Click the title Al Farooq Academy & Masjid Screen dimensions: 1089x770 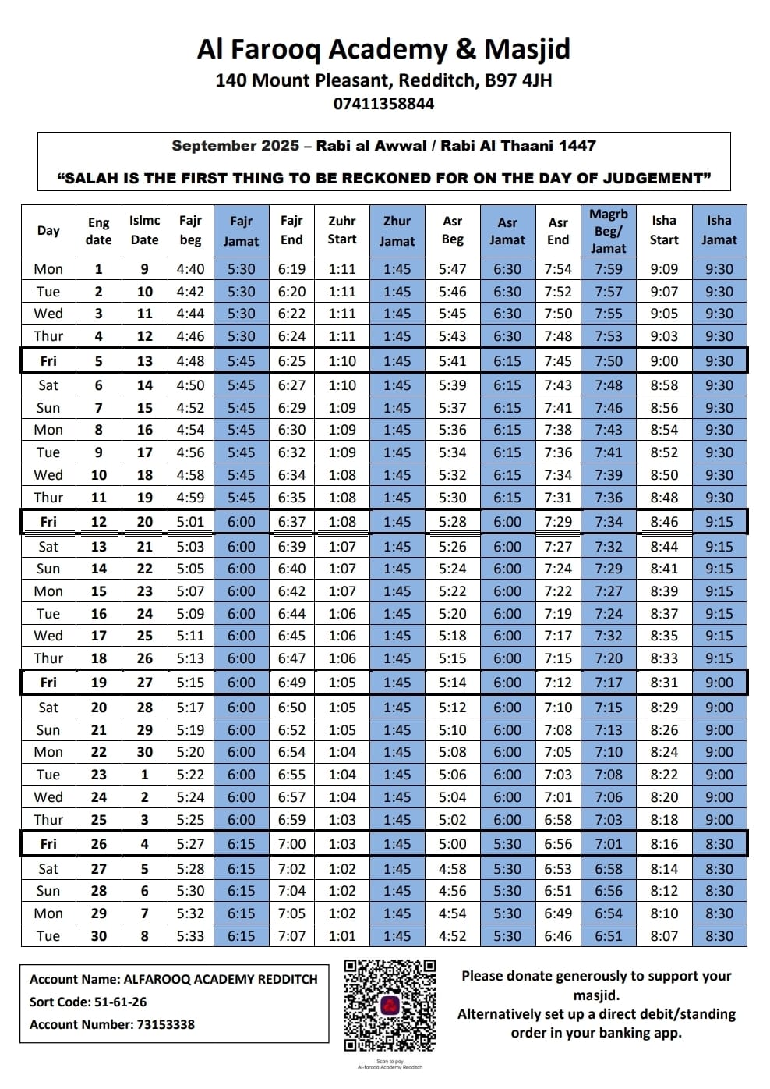(383, 49)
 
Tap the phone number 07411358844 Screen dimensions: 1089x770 (383, 104)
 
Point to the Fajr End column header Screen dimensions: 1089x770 (291, 230)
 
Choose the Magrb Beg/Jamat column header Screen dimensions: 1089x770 (609, 230)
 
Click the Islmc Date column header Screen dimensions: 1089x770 (144, 230)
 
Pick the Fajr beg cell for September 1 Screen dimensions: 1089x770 (190, 269)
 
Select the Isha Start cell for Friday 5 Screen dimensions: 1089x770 (664, 361)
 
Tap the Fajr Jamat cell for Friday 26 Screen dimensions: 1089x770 (241, 844)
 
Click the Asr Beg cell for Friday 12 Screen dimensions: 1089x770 (452, 522)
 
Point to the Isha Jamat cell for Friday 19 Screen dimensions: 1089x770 (719, 683)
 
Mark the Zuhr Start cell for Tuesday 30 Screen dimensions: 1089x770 (342, 936)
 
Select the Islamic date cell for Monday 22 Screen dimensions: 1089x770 (144, 752)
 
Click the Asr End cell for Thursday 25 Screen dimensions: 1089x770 (558, 820)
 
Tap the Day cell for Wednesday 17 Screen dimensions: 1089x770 (48, 636)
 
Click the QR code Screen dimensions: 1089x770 (390, 1006)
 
